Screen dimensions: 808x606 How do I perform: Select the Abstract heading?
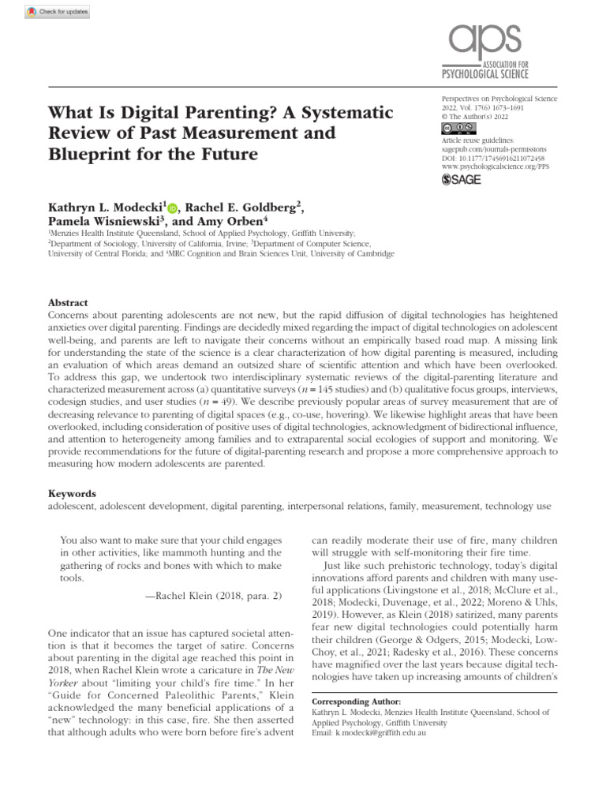[69, 303]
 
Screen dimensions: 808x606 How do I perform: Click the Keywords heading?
[73, 492]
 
